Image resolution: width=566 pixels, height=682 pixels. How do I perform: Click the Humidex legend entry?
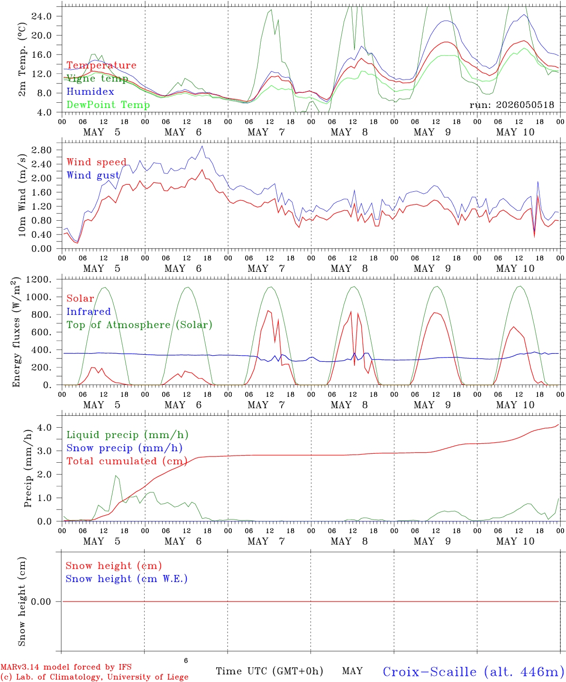90,91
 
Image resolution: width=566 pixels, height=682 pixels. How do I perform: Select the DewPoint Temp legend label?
108,105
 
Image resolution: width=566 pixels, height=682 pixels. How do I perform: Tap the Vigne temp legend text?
97,79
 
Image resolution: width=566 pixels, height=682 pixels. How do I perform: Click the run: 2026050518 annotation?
511,105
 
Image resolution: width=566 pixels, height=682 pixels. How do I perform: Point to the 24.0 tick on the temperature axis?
41,16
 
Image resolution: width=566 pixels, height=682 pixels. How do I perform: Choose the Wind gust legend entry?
93,175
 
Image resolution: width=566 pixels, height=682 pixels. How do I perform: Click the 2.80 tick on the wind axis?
41,150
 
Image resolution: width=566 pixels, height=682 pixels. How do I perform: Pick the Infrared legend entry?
89,312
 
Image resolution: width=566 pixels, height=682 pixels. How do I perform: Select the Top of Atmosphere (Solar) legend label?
140,325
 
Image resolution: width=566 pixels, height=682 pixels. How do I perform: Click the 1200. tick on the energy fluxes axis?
39,279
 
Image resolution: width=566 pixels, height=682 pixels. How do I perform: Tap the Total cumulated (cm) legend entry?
127,461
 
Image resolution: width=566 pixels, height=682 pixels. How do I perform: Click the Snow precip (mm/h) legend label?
124,448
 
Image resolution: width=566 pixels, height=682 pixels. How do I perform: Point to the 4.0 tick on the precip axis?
45,427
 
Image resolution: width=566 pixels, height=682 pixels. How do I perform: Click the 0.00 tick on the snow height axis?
41,601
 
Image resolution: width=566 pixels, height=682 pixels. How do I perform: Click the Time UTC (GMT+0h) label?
269,671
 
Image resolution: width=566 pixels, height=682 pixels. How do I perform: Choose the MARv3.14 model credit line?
66,667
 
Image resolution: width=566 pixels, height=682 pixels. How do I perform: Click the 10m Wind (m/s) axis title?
22,195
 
